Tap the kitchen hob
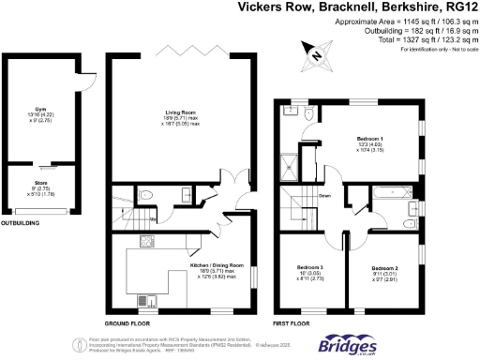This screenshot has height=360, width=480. pos(147,243)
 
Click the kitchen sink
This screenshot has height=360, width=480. pos(153,301)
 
